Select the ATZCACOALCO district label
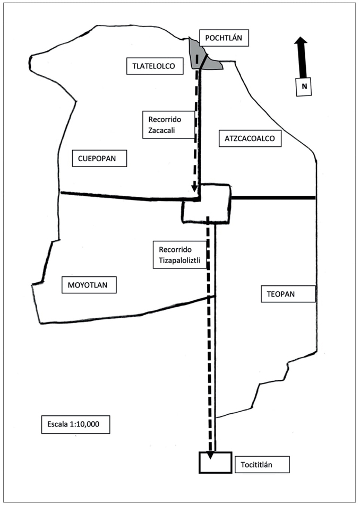point(249,139)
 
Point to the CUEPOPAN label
point(99,158)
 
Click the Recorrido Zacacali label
point(168,125)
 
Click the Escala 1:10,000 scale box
point(75,424)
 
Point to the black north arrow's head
point(301,41)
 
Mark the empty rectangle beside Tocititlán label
point(215,463)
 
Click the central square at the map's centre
point(206,203)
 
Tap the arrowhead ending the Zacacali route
point(195,187)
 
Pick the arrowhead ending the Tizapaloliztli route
point(211,455)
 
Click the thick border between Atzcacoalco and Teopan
point(273,198)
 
